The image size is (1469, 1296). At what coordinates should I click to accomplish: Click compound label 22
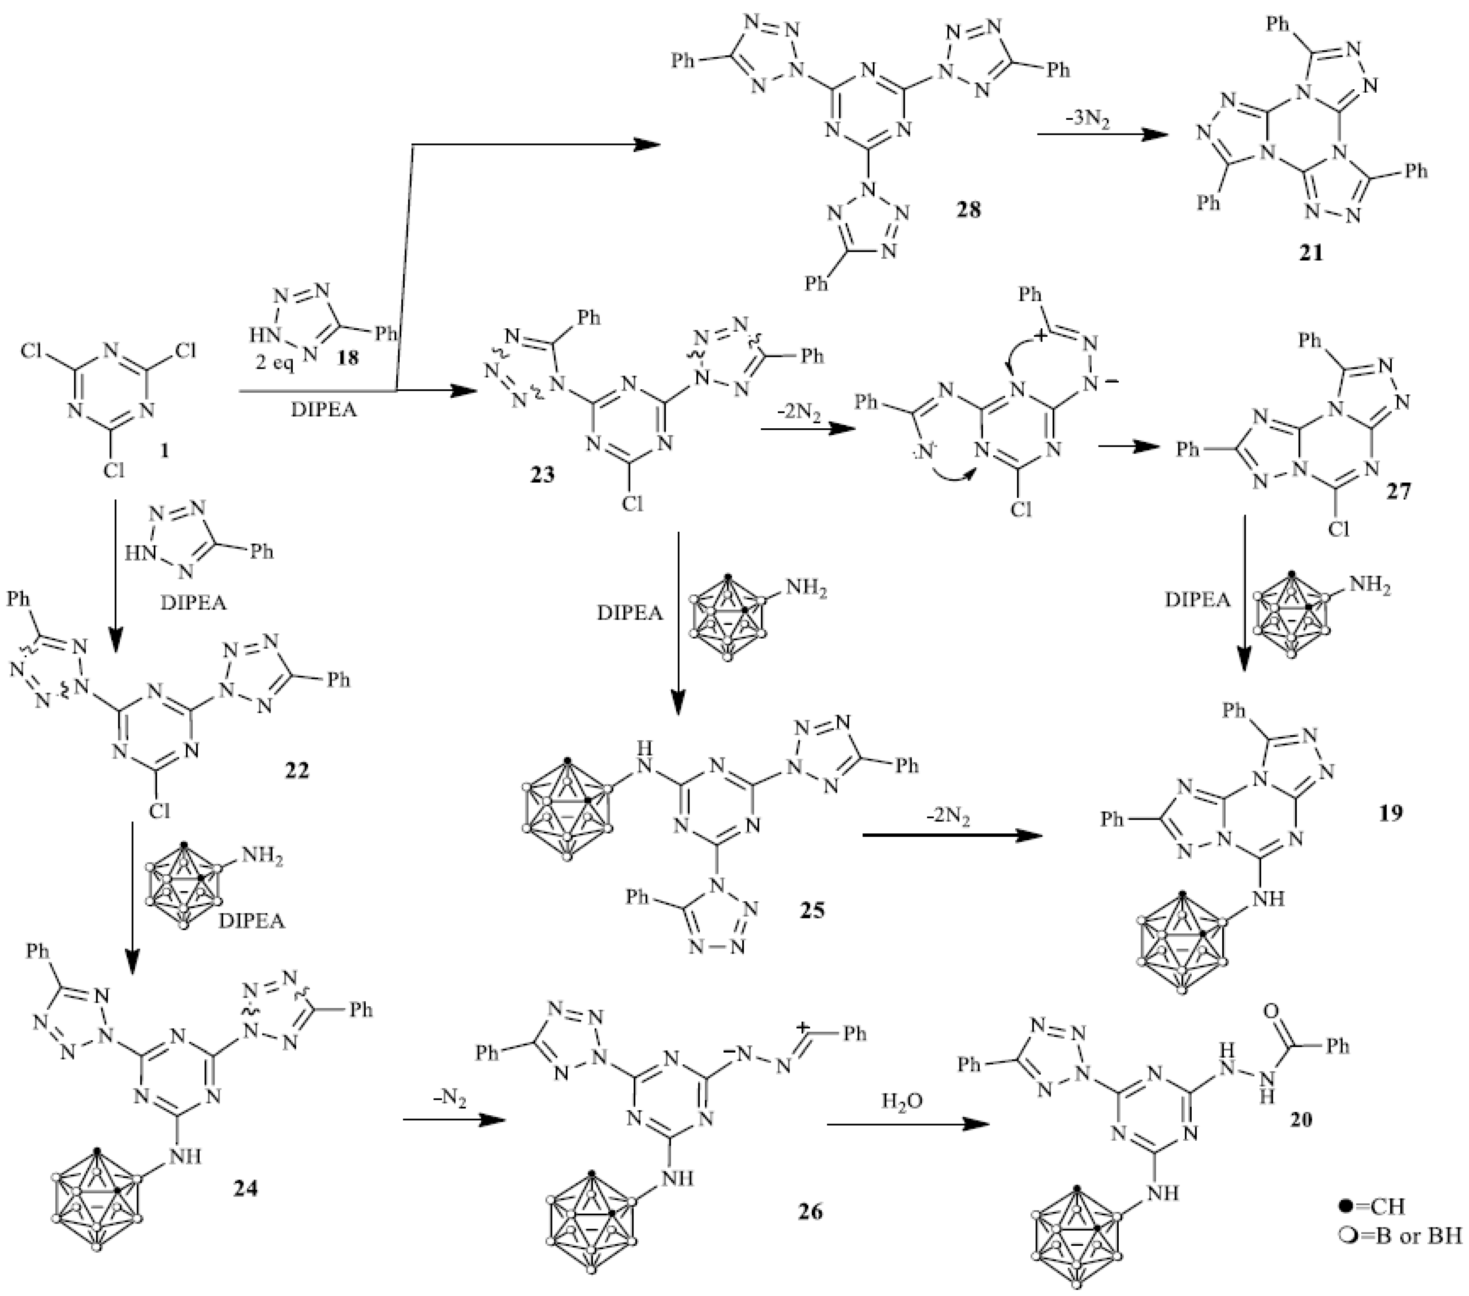(x=296, y=771)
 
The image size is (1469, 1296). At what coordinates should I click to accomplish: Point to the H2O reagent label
(x=903, y=1101)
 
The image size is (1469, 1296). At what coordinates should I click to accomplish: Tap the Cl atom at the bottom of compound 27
(x=1338, y=530)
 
